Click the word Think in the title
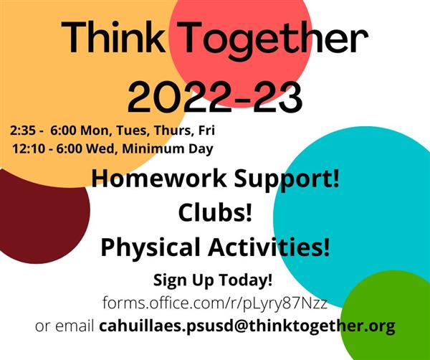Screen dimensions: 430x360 (113, 37)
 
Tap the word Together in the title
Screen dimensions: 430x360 (272, 41)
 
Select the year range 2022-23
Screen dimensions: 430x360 (215, 98)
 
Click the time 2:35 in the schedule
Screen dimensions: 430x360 (23, 131)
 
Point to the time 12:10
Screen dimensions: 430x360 (28, 148)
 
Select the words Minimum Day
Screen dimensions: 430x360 (168, 149)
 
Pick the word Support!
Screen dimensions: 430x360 (286, 179)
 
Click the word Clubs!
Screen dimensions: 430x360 (215, 213)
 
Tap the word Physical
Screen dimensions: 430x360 (150, 247)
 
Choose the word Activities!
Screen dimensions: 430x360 (269, 247)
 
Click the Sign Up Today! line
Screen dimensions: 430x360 (213, 280)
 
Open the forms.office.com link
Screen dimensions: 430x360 (215, 303)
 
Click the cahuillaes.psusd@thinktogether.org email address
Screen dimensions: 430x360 (247, 326)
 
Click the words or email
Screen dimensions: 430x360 (64, 326)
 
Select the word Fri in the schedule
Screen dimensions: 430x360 (206, 131)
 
